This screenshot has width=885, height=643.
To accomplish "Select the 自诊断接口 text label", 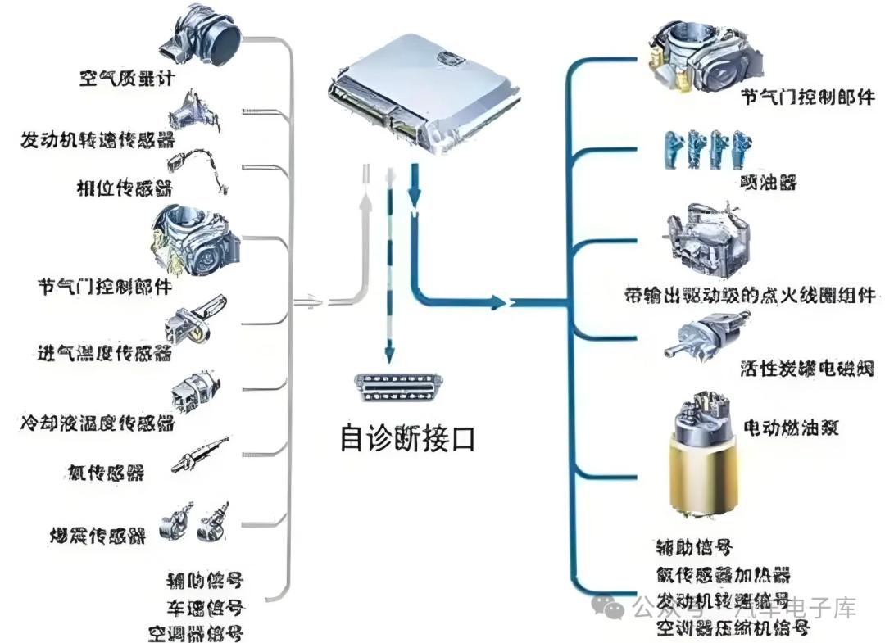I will click(406, 437).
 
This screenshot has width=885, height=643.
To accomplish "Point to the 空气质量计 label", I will click(127, 79).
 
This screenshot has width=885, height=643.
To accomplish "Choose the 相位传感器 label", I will click(123, 190).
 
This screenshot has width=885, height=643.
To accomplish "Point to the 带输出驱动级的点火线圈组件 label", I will click(750, 295).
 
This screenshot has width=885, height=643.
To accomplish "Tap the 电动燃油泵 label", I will click(790, 428).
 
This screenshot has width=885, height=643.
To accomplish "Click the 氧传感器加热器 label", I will click(723, 576).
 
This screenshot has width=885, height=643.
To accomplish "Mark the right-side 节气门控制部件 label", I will click(795, 97).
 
